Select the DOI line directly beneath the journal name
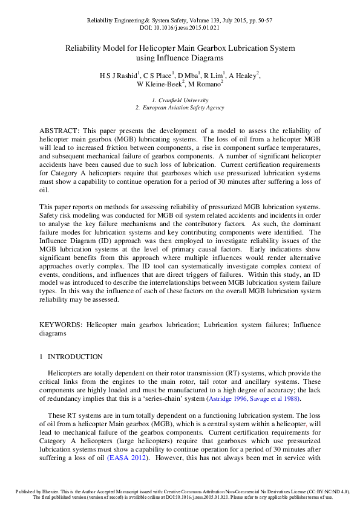click(x=180, y=28)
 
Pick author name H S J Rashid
click(x=119, y=76)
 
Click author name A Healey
click(x=243, y=76)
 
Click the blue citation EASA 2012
click(x=127, y=458)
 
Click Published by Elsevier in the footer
click(x=32, y=493)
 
